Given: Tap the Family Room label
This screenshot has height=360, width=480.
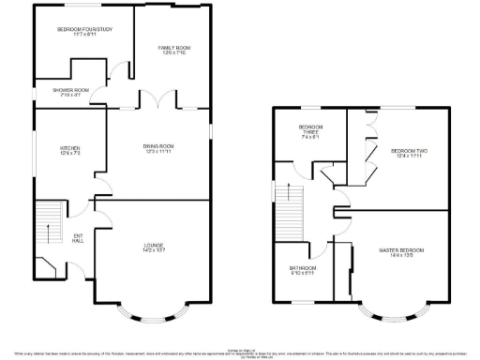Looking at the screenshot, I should click(172, 48).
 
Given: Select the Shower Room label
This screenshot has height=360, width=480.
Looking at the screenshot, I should click(57, 90).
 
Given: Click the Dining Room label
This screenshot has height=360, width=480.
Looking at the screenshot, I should click(159, 145).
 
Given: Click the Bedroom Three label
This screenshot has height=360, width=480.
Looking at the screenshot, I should click(310, 128).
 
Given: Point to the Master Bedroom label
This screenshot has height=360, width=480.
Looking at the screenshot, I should click(402, 249).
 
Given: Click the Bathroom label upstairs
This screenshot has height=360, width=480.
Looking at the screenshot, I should click(302, 269).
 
